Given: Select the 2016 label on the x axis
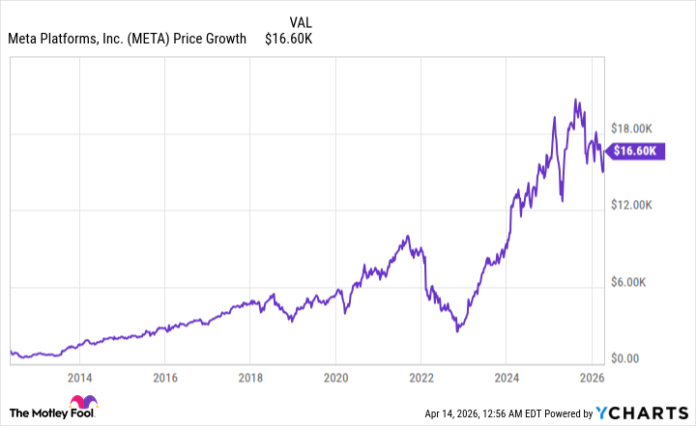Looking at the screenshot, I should click(x=164, y=377).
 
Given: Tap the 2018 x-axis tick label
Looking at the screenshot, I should click(x=249, y=377).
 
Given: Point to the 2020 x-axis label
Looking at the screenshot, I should click(x=335, y=377).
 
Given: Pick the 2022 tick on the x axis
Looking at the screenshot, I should click(x=421, y=377).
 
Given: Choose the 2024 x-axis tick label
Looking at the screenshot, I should click(x=507, y=377).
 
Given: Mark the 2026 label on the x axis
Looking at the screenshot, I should click(x=592, y=377).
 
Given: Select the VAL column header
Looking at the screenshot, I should click(x=301, y=20).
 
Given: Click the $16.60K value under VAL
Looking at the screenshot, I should click(x=289, y=39).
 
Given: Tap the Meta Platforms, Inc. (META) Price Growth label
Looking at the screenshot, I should click(x=129, y=39).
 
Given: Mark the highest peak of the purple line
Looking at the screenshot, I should click(x=576, y=99).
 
